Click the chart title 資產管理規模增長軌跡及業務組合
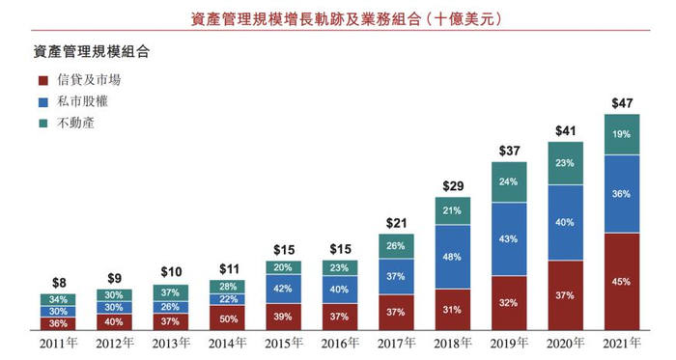pos(336,18)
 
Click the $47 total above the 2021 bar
pos(621,102)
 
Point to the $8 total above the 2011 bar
pos(58,283)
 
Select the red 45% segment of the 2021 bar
pos(621,282)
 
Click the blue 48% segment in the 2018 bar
pos(452,257)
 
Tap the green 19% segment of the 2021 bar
pos(621,134)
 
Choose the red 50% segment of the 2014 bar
pos(227,318)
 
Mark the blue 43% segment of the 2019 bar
pos(508,238)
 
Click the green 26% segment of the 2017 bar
pos(396,246)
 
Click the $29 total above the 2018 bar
pos(452,185)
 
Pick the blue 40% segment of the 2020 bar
pos(565,222)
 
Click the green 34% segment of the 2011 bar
pos(58,299)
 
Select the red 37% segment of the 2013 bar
pos(171,321)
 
